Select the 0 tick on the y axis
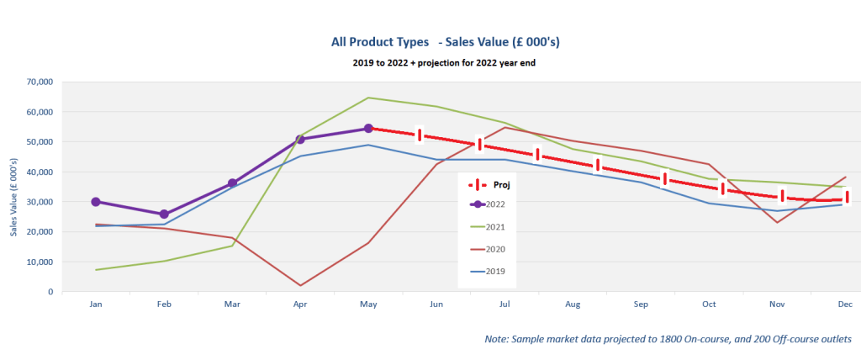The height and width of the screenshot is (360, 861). (50, 292)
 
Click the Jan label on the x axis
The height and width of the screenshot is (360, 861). (95, 304)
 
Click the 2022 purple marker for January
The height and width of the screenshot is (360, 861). (96, 202)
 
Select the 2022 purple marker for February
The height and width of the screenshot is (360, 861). (164, 214)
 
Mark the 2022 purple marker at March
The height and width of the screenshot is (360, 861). (232, 183)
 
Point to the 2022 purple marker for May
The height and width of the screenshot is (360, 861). (368, 129)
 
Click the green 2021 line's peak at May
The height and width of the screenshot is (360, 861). (368, 98)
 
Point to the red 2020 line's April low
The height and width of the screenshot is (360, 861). (300, 285)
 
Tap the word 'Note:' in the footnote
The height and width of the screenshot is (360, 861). (498, 339)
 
